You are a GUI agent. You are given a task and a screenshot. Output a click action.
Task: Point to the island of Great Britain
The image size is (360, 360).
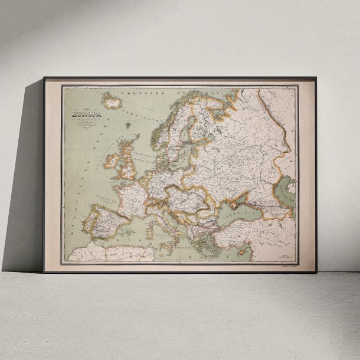pyautogui.click(x=128, y=159)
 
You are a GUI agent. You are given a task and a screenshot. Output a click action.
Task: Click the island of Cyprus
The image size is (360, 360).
pyautogui.click(x=242, y=251)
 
